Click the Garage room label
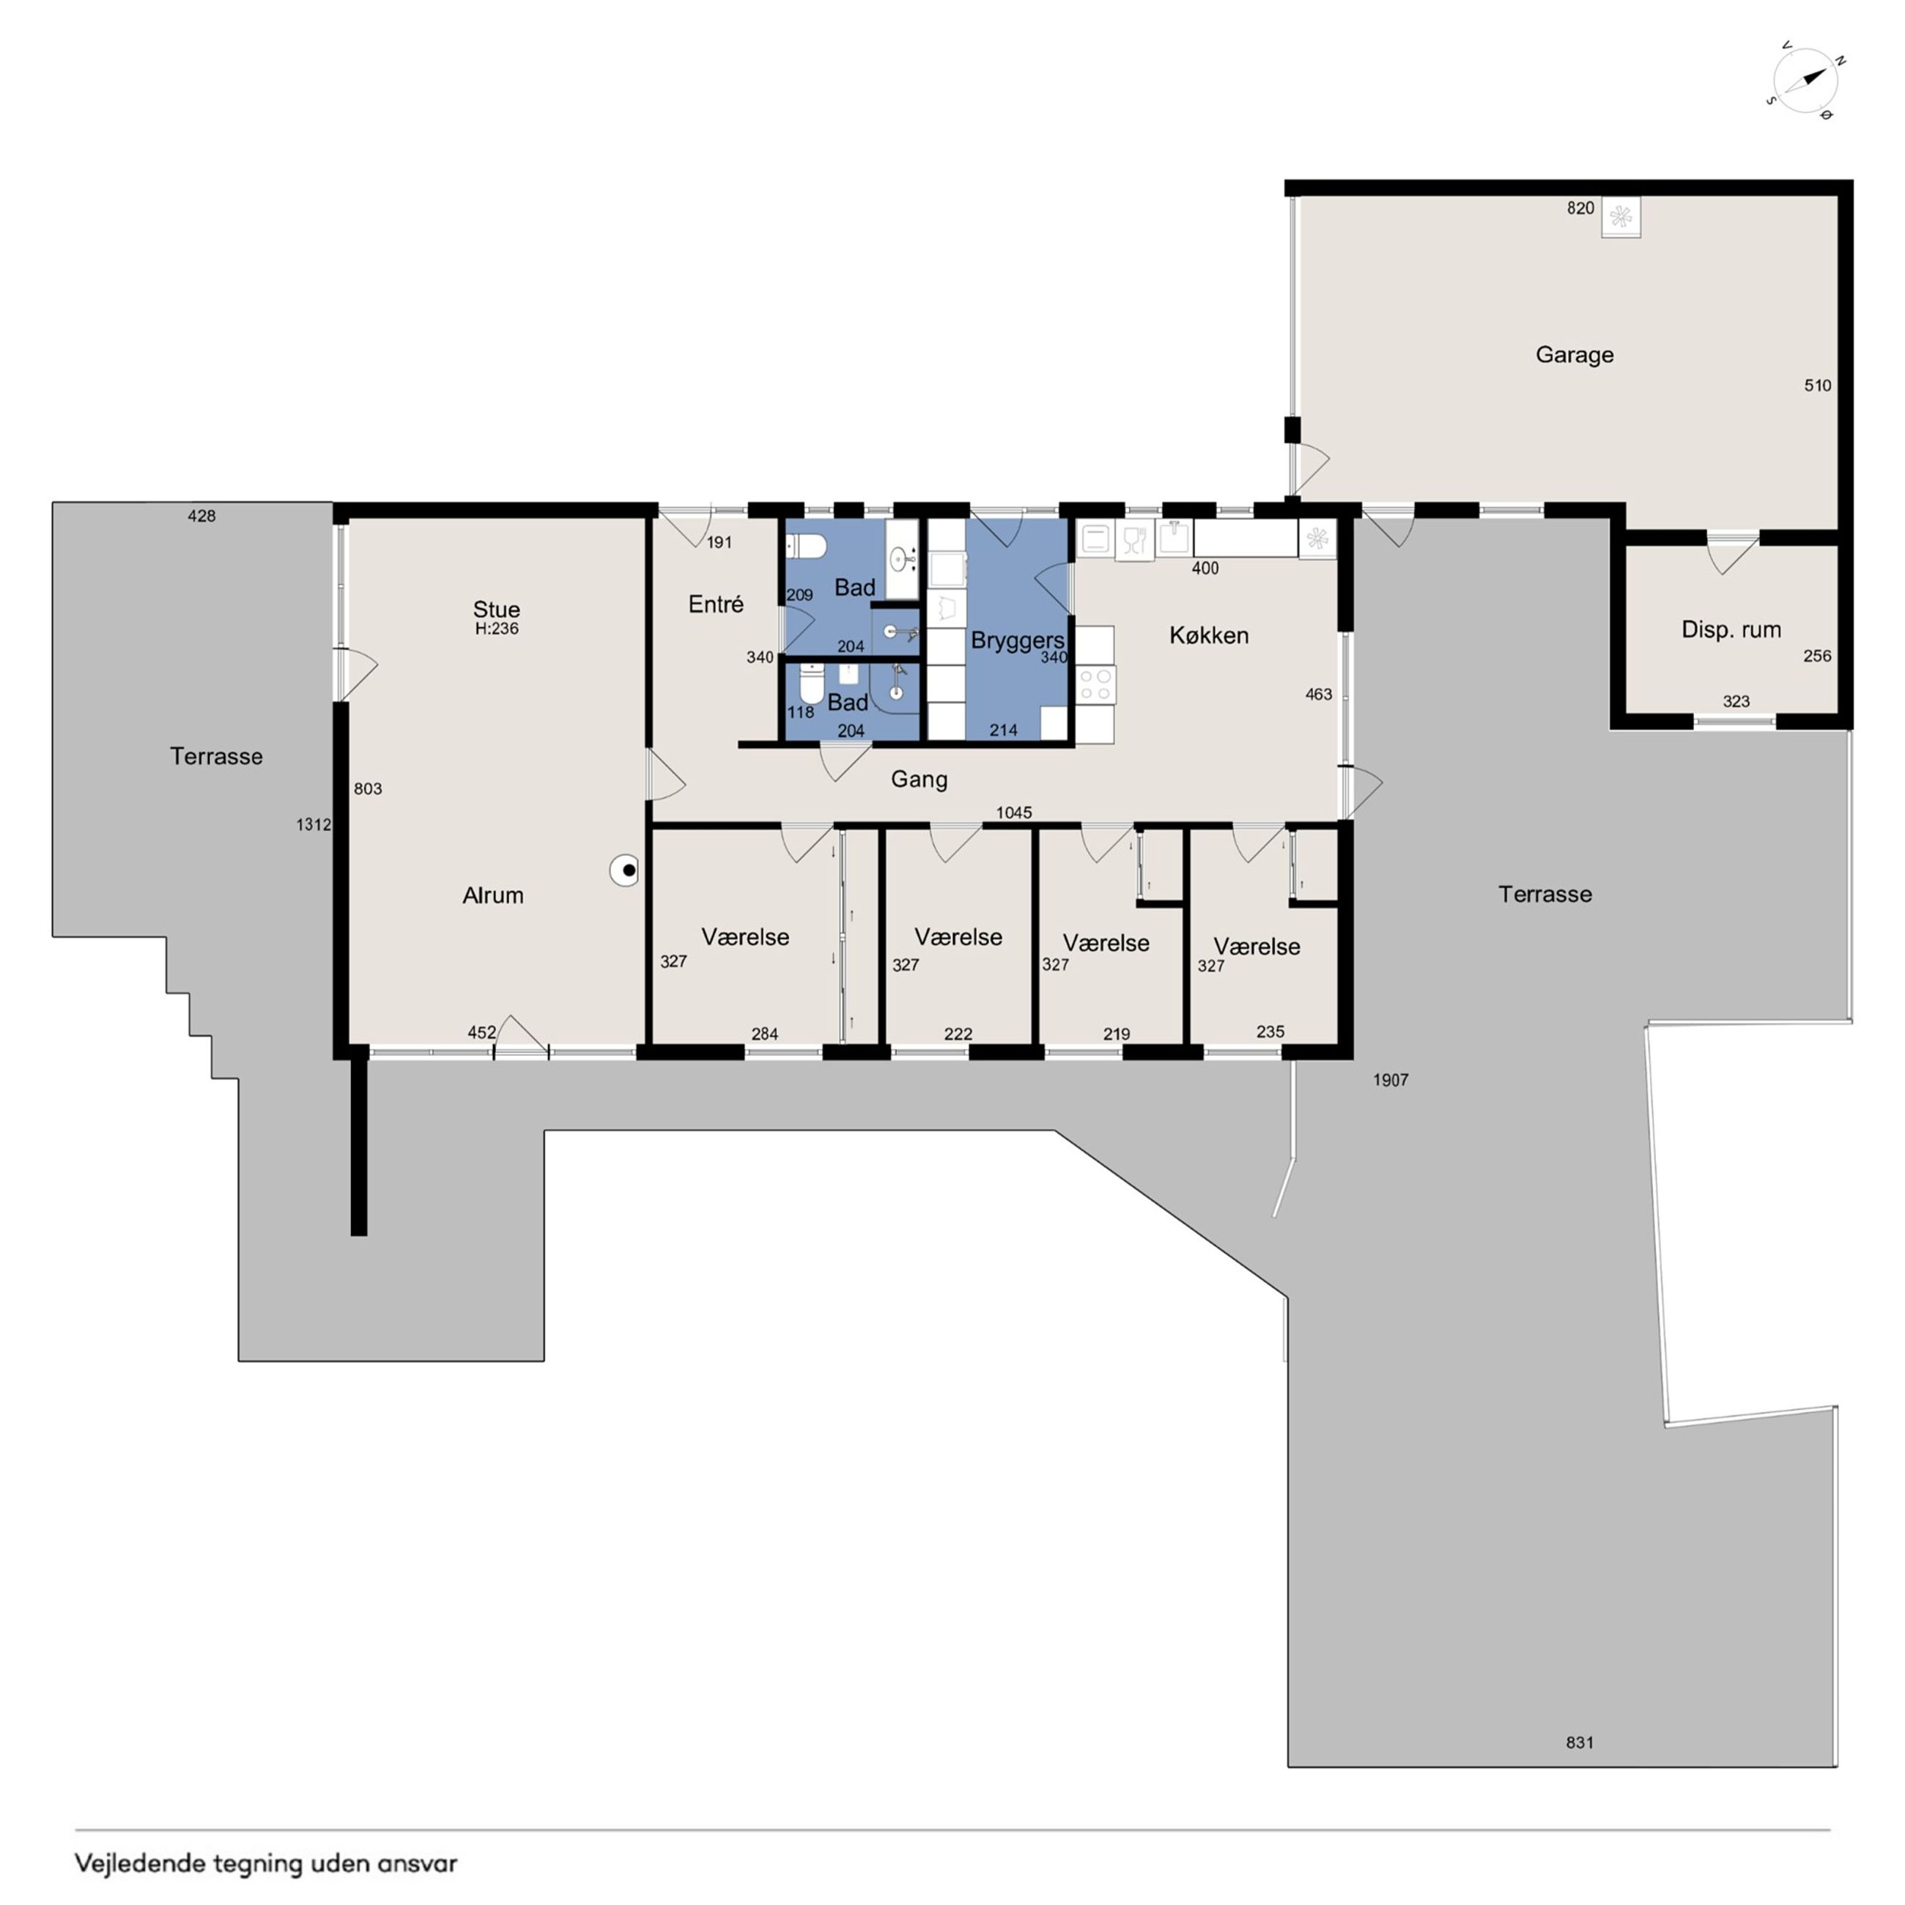(1574, 355)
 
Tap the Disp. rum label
(1731, 629)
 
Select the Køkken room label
(1209, 635)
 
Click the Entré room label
(716, 604)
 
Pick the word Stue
(496, 608)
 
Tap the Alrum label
(493, 895)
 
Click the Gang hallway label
(919, 780)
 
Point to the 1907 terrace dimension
(1391, 1080)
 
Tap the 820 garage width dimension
(1580, 208)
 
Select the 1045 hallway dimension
(1013, 813)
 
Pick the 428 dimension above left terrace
(201, 516)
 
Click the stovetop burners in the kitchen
(1095, 684)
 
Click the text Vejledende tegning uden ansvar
(266, 1863)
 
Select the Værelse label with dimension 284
(745, 936)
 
